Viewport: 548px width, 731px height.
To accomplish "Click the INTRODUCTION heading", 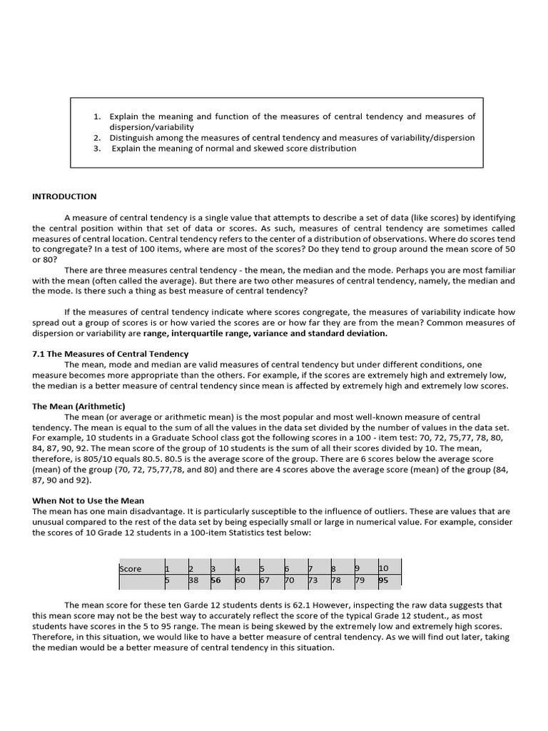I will tap(64, 196).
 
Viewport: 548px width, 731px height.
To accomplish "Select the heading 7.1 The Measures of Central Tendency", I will tap(110, 353).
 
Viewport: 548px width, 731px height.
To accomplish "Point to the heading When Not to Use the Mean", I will tap(88, 500).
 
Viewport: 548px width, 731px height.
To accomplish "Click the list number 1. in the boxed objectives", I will tap(97, 116).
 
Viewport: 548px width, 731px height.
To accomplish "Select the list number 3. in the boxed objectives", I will tap(97, 148).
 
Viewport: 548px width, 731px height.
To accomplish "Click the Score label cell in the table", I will tap(131, 569).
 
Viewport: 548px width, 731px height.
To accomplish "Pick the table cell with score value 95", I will tap(383, 580).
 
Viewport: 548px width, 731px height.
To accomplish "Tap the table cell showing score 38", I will tap(193, 580).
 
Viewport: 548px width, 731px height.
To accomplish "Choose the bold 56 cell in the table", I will tap(215, 580).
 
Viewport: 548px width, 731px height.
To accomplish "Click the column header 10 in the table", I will tap(383, 569).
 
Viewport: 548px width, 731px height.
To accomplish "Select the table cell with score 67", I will tap(264, 580).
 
